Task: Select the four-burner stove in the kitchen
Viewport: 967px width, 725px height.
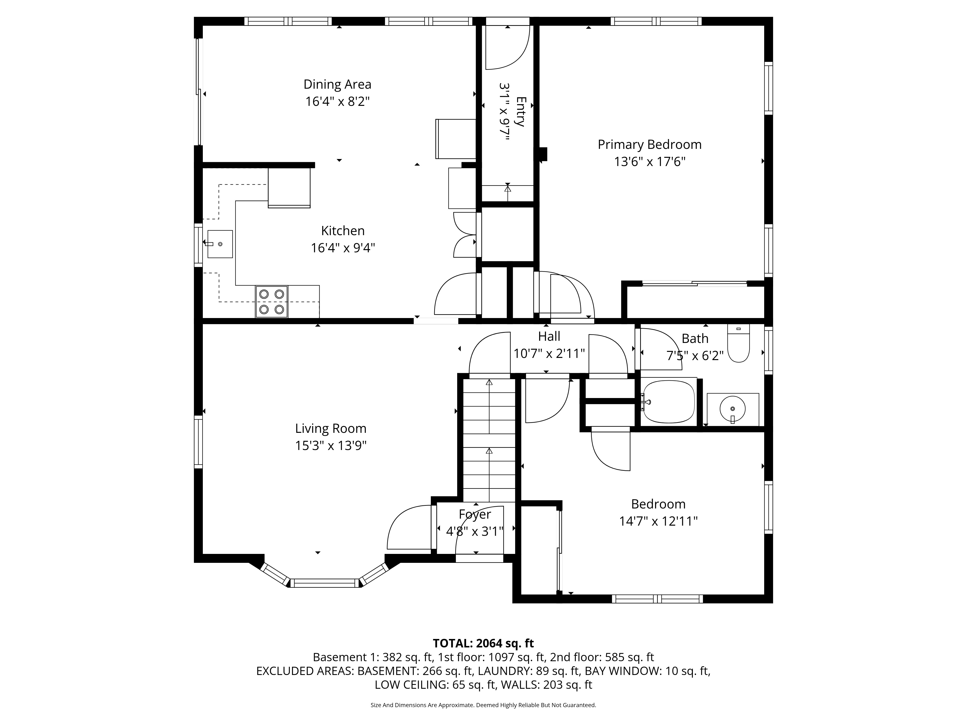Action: pos(271,302)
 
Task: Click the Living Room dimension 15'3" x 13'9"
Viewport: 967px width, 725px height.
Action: pos(330,446)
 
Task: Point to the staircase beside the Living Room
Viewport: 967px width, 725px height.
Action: pos(489,441)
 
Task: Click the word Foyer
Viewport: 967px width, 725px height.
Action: pos(475,514)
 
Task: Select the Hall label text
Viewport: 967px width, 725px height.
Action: pos(549,336)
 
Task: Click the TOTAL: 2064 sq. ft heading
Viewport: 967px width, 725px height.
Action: pos(483,643)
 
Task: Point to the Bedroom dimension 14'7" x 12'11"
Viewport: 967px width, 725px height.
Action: pos(658,521)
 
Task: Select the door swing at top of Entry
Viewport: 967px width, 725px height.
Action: pos(507,48)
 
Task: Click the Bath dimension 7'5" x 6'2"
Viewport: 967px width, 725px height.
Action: pos(695,356)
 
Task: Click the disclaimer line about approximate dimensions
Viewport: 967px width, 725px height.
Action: pos(483,705)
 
